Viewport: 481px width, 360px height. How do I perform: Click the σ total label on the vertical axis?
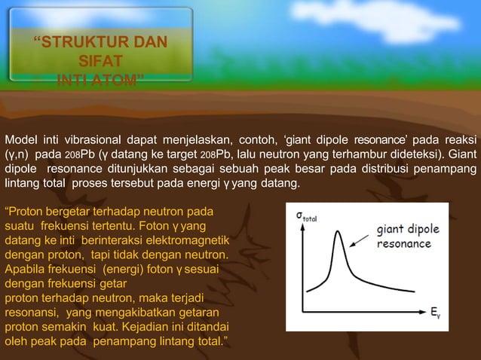[x=305, y=215]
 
